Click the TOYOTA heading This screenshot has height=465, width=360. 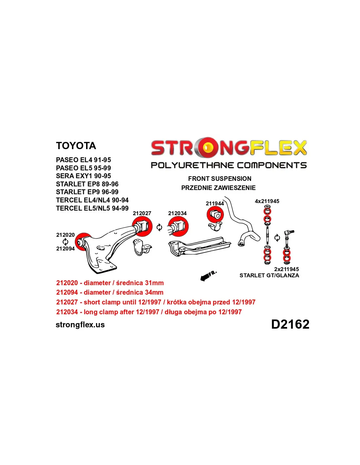[76, 146]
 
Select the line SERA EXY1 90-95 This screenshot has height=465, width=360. [83, 176]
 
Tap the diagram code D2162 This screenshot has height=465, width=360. [290, 324]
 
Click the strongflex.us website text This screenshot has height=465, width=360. [80, 325]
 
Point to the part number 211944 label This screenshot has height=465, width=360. [215, 203]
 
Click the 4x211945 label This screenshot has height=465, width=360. [267, 201]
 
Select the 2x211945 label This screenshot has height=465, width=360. [286, 269]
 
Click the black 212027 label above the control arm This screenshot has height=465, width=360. [142, 213]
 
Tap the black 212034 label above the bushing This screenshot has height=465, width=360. [177, 213]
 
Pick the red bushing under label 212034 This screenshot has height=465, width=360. [178, 226]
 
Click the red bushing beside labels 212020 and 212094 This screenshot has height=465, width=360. [83, 242]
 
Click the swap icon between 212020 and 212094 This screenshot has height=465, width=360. [65, 242]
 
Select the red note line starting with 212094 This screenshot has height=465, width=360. [110, 292]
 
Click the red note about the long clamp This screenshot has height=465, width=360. [149, 312]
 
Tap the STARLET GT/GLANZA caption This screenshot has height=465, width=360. [269, 275]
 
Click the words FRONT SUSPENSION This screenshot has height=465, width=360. [220, 179]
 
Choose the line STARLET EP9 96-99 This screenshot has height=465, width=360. [87, 192]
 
